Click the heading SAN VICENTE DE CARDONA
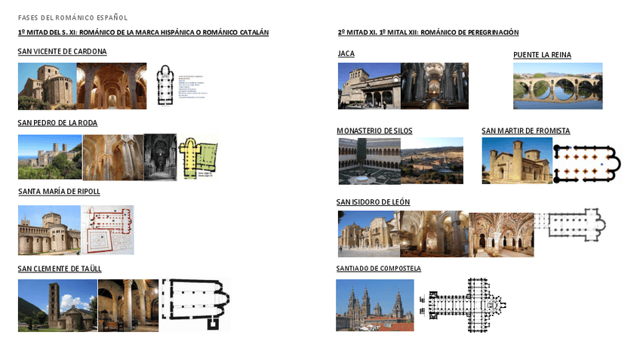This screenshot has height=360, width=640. pos(62,52)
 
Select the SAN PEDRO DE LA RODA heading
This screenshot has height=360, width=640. pos(57,123)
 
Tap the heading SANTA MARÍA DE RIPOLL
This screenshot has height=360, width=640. pos(59,192)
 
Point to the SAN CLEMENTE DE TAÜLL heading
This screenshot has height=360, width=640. pos(60,269)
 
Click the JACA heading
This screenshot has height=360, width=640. pos(346,54)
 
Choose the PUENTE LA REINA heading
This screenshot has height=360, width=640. pos(542,55)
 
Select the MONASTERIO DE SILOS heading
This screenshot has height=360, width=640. pos(374,131)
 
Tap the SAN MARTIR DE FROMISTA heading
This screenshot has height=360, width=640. pos(525,131)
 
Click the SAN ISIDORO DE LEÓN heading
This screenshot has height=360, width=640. pos(373,202)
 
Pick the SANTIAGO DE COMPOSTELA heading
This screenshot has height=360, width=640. pos(378,269)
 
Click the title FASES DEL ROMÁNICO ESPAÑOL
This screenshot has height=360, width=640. pos(72,17)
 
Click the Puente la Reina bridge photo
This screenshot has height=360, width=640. pos(558,86)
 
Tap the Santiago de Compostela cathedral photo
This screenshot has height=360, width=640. pos(374,306)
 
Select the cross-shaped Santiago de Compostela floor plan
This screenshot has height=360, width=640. pos(466,306)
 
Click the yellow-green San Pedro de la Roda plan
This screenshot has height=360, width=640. pos(198,157)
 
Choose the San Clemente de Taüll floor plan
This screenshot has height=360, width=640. pos(195,304)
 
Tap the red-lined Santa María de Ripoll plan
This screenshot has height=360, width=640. pos(108,229)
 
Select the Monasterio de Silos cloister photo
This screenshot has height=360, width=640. pos(369,161)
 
